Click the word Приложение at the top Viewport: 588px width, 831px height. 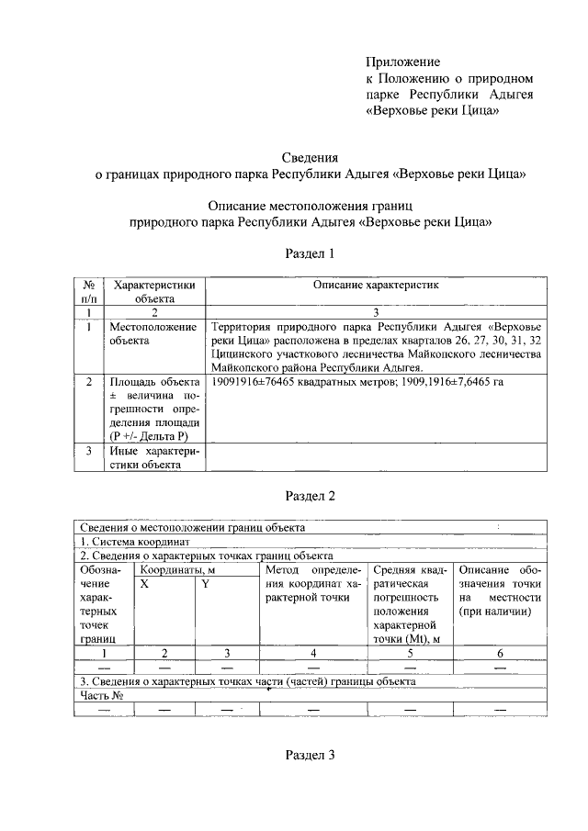(x=403, y=62)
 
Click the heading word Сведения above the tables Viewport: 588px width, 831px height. (x=311, y=157)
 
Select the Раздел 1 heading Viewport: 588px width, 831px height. (x=311, y=253)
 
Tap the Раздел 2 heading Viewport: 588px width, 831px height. (x=311, y=496)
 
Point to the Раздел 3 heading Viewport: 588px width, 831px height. (x=311, y=755)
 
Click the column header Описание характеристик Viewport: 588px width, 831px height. (x=376, y=286)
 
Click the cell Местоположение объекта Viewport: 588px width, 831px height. (x=153, y=333)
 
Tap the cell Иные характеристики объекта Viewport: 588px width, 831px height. (x=153, y=457)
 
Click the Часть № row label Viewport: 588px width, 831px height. (x=101, y=695)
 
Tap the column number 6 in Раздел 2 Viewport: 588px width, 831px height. (x=500, y=653)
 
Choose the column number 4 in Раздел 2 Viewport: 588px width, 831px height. (x=313, y=653)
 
